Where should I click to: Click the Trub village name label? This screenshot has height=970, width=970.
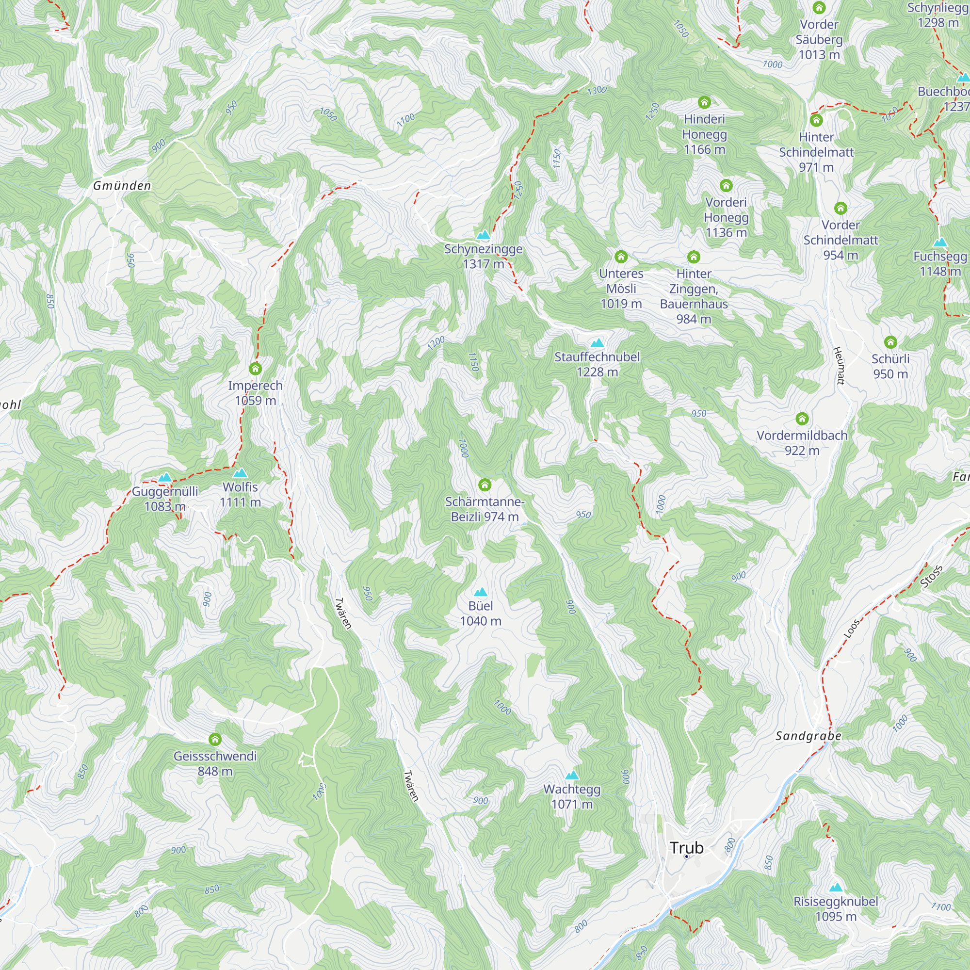[x=686, y=847]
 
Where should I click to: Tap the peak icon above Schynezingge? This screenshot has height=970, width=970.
[x=483, y=234]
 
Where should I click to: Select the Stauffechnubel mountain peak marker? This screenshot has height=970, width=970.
[x=597, y=343]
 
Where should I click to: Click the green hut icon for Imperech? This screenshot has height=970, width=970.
[x=255, y=369]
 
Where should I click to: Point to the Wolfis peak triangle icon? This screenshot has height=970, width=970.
[x=240, y=473]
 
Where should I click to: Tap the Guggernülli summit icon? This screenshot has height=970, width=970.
[x=165, y=477]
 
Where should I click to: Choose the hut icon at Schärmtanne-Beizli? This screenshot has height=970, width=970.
[x=485, y=485]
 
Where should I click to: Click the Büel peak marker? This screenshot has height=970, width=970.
[x=481, y=592]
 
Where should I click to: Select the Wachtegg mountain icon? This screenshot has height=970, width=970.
[x=572, y=775]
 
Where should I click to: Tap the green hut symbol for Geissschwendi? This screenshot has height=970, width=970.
[x=215, y=739]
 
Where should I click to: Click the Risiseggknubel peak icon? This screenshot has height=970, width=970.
[x=836, y=888]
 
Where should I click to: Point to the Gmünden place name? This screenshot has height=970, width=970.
[x=122, y=186]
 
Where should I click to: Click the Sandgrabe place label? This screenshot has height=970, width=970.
[x=808, y=736]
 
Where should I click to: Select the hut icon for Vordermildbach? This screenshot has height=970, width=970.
[x=802, y=419]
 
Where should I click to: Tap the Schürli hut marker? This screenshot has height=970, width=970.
[x=890, y=342]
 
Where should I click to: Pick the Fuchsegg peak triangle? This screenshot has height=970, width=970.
[x=940, y=242]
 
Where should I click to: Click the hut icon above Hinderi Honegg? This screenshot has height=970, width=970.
[x=704, y=103]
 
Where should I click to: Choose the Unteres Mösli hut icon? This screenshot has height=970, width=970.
[x=621, y=257]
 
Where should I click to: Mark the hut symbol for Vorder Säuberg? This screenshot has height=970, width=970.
[x=819, y=8]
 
